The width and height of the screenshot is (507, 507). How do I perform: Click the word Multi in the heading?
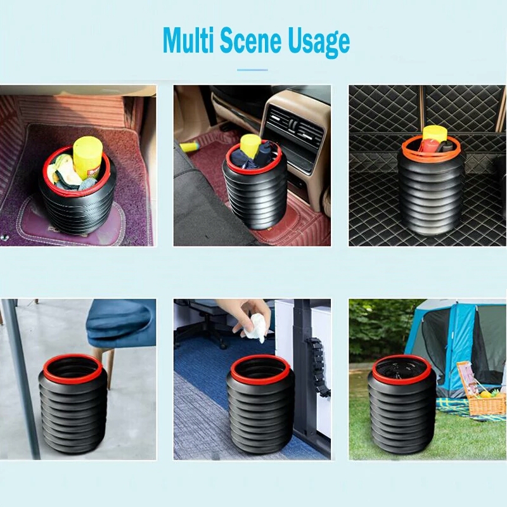click(x=189, y=41)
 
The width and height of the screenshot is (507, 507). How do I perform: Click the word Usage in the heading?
click(x=319, y=44)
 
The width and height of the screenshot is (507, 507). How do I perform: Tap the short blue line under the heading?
click(x=252, y=70)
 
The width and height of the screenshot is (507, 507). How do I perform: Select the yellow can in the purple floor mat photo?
click(x=87, y=157)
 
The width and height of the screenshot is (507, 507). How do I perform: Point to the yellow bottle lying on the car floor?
click(x=191, y=148)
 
